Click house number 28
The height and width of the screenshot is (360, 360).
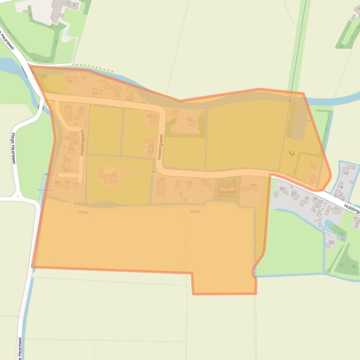71,81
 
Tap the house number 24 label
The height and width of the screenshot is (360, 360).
117,95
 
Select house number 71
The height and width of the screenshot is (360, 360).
69,107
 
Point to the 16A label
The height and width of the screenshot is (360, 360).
190,120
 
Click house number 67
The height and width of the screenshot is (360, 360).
149,116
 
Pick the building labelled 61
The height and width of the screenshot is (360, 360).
114,174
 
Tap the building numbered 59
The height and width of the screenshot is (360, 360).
162,180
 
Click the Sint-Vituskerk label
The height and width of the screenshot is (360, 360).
227,189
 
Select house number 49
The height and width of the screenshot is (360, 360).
253,186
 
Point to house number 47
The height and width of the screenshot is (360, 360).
282,188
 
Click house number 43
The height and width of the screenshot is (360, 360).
294,193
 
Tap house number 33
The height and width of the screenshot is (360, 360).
336,209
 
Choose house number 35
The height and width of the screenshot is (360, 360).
331,242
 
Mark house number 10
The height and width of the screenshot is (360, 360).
346,173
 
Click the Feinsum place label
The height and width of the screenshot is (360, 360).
87,205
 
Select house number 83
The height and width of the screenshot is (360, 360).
67,182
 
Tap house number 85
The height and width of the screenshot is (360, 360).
57,182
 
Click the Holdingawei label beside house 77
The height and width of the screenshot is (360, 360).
81,143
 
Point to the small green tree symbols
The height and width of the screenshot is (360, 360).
292,152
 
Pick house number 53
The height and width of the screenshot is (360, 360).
204,181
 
